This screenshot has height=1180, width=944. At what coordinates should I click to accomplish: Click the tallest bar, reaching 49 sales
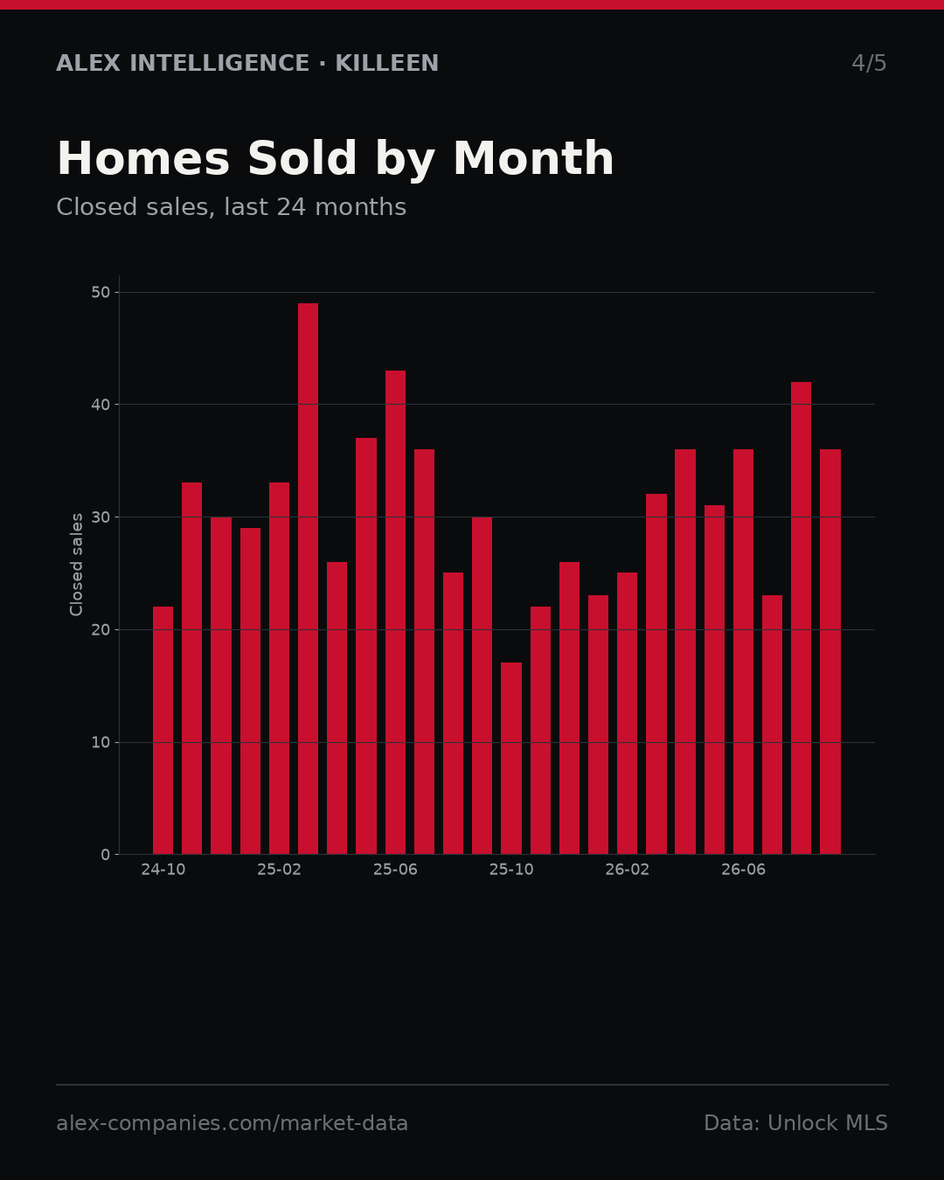pyautogui.click(x=308, y=579)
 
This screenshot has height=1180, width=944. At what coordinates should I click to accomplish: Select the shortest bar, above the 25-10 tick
pyautogui.click(x=511, y=759)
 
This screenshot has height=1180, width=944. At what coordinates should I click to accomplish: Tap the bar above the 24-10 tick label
pyautogui.click(x=163, y=731)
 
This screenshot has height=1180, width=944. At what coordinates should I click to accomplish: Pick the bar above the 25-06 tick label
pyautogui.click(x=395, y=613)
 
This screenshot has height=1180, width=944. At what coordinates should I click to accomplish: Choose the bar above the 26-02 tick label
pyautogui.click(x=627, y=713)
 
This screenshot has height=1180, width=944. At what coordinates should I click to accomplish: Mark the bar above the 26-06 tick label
pyautogui.click(x=743, y=652)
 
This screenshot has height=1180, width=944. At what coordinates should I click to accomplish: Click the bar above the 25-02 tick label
pyautogui.click(x=279, y=669)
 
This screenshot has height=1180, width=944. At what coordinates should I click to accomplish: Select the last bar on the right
pyautogui.click(x=830, y=652)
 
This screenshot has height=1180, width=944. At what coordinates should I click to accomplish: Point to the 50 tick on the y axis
pyautogui.click(x=101, y=292)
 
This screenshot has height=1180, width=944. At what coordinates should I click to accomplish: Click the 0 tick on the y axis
pyautogui.click(x=106, y=855)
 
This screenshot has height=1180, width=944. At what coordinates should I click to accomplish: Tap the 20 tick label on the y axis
pyautogui.click(x=101, y=630)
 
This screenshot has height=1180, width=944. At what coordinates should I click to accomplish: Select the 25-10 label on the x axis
pyautogui.click(x=511, y=870)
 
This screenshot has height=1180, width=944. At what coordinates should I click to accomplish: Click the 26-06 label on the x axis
pyautogui.click(x=743, y=870)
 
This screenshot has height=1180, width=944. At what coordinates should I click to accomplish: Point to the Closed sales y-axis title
pyautogui.click(x=76, y=565)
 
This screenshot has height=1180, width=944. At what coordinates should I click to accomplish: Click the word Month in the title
pyautogui.click(x=533, y=158)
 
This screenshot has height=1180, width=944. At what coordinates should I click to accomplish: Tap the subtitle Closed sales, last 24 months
pyautogui.click(x=232, y=207)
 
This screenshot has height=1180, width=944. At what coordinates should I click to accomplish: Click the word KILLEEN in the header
pyautogui.click(x=386, y=63)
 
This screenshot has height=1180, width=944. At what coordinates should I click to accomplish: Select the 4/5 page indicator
pyautogui.click(x=869, y=63)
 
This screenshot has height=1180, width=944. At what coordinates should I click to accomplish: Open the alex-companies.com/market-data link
pyautogui.click(x=232, y=1123)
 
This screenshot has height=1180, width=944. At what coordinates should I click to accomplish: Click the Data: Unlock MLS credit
pyautogui.click(x=796, y=1123)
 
